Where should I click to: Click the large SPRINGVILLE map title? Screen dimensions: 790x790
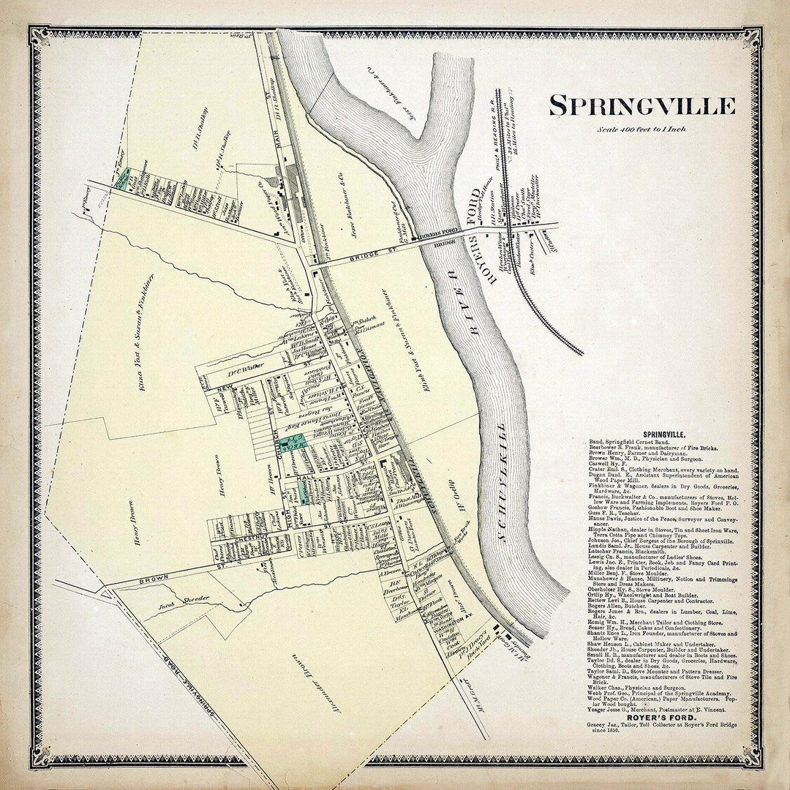[642, 106]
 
